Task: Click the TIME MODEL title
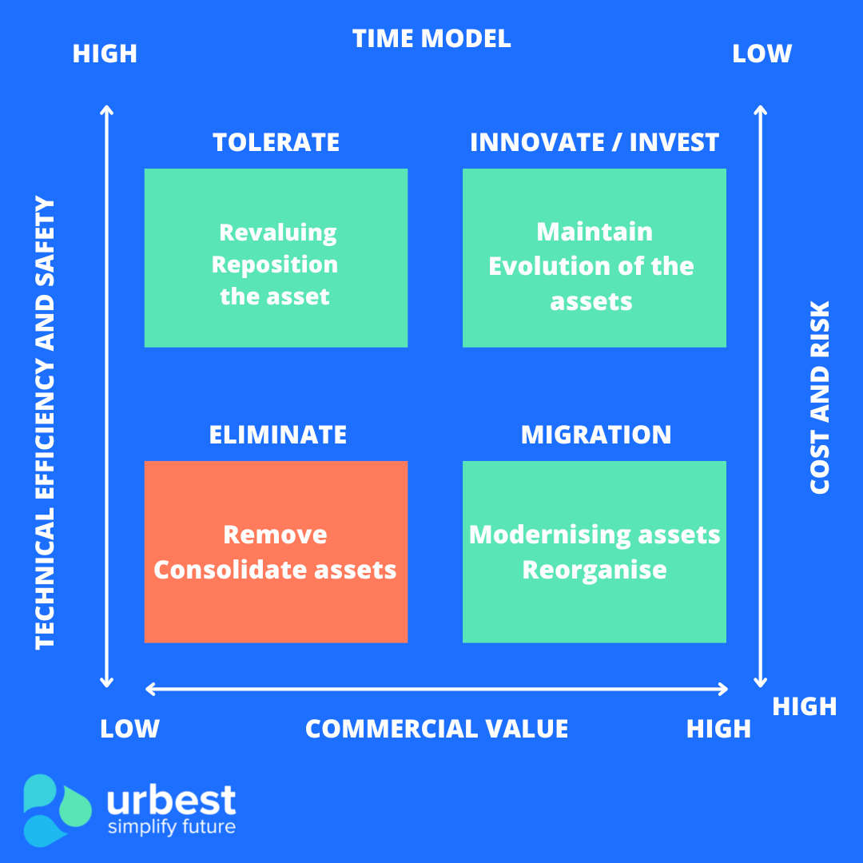[431, 38]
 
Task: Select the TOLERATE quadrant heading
[276, 142]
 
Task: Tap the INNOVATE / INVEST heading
[595, 142]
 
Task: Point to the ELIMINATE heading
[277, 435]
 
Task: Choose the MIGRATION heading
[596, 435]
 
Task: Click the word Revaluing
[277, 233]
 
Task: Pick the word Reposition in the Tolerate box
[274, 264]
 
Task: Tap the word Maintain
[595, 232]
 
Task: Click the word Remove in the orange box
[275, 535]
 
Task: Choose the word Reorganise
[595, 570]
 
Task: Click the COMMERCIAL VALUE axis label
[436, 729]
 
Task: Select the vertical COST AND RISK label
[820, 397]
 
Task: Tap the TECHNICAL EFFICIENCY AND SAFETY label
[46, 423]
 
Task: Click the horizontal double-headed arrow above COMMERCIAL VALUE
[436, 689]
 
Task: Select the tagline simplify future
[172, 826]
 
